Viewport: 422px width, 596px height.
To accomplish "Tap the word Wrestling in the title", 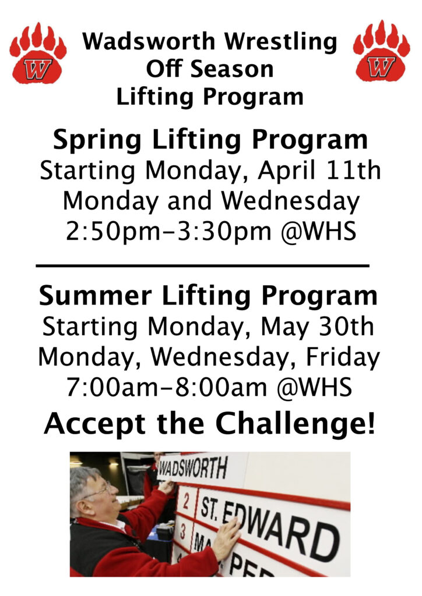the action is point(280,42).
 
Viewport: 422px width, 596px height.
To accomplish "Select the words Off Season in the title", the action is point(210,69).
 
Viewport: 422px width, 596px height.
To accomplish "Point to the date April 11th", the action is point(319,171).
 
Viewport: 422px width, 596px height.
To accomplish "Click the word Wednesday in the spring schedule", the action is point(290,201).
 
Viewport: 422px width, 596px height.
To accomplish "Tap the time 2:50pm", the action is point(113,232).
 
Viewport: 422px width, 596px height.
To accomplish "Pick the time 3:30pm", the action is point(224,232).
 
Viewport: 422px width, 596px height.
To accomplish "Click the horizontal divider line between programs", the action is point(202,265).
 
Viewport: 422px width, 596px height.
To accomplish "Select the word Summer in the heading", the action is point(96,296).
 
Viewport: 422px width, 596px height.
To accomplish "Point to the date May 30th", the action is point(317,327).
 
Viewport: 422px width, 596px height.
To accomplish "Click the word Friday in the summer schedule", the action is point(343,358).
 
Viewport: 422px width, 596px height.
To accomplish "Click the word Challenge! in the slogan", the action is point(296,424).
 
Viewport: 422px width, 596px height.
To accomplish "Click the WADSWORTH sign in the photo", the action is point(193,469).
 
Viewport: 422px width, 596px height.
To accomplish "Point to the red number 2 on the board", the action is point(186,502).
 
